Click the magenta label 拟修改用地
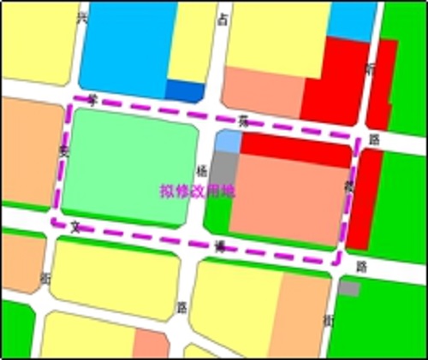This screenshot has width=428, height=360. pyautogui.click(x=197, y=192)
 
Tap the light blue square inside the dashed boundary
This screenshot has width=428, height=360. pyautogui.click(x=227, y=141)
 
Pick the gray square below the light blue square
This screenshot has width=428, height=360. pyautogui.click(x=223, y=164)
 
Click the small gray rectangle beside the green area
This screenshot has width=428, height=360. pyautogui.click(x=348, y=288)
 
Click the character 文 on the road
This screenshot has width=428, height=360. pyautogui.click(x=75, y=227)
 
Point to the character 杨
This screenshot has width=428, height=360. pyautogui.click(x=202, y=170)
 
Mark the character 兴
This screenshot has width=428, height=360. pyautogui.click(x=82, y=17)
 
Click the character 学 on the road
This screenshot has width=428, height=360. pyautogui.click(x=93, y=100)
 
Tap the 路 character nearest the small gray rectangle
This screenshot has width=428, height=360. pyautogui.click(x=361, y=266)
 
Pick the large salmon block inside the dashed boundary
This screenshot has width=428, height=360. pyautogui.click(x=287, y=201)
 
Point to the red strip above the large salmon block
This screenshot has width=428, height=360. pyautogui.click(x=295, y=148)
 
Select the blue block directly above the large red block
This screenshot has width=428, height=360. pyautogui.click(x=351, y=19)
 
